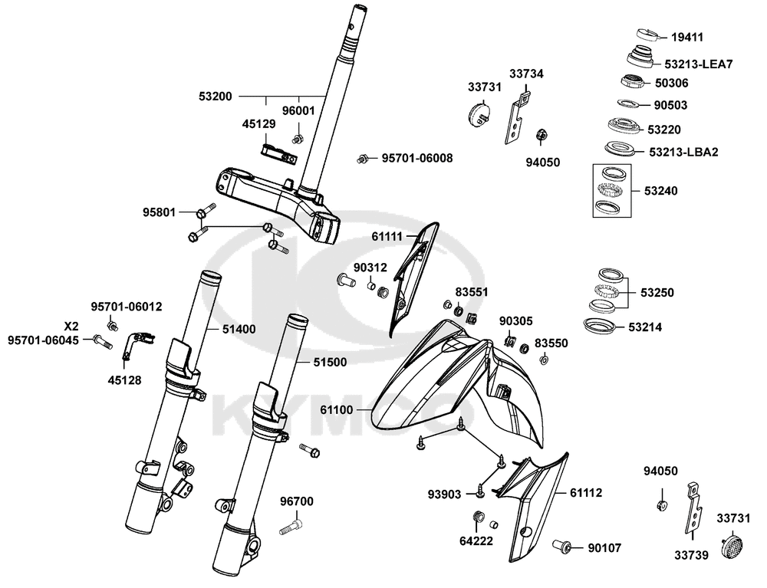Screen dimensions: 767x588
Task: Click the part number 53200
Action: [216, 97]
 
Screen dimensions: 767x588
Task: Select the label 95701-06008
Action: [417, 159]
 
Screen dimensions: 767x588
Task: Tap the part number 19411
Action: [687, 37]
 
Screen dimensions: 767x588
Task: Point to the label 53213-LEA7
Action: [699, 64]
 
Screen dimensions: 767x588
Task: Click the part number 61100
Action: [337, 409]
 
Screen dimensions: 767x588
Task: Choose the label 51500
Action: [330, 362]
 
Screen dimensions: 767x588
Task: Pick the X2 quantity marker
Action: [71, 327]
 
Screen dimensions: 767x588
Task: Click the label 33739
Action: [691, 555]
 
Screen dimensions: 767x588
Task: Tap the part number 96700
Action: [297, 501]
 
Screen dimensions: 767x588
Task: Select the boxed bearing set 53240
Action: [611, 191]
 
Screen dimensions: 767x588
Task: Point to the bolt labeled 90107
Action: [562, 546]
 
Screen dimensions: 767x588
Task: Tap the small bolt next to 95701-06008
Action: [362, 159]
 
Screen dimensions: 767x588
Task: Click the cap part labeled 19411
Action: [648, 35]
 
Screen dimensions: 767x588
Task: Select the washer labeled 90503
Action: [627, 103]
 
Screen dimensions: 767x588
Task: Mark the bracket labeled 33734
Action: [516, 117]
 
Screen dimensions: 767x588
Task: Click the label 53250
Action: [657, 293]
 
